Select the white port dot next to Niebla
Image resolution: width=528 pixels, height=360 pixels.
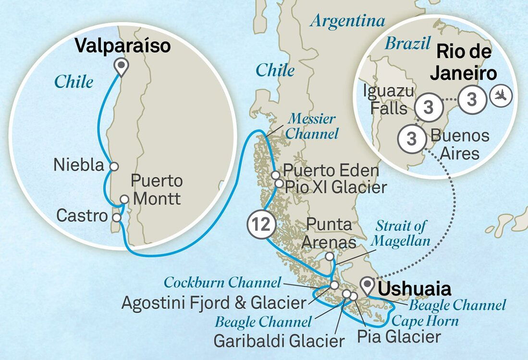pyautogui.click(x=114, y=166)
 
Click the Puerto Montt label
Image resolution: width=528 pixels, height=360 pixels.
pyautogui.click(x=157, y=190)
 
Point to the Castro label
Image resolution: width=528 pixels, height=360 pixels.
pyautogui.click(x=82, y=216)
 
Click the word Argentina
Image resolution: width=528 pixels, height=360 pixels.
pyautogui.click(x=348, y=21)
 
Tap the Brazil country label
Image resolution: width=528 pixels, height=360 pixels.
pyautogui.click(x=407, y=44)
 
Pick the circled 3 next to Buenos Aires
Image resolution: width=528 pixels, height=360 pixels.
pyautogui.click(x=411, y=139)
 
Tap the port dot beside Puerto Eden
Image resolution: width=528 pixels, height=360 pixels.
pyautogui.click(x=275, y=175)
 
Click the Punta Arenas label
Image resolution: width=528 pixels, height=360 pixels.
pyautogui.click(x=330, y=233)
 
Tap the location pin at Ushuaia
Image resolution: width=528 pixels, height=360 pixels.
pyautogui.click(x=368, y=286)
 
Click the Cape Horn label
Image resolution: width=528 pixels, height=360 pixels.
pyautogui.click(x=425, y=321)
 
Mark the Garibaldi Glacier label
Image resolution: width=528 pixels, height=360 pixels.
pyautogui.click(x=279, y=341)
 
